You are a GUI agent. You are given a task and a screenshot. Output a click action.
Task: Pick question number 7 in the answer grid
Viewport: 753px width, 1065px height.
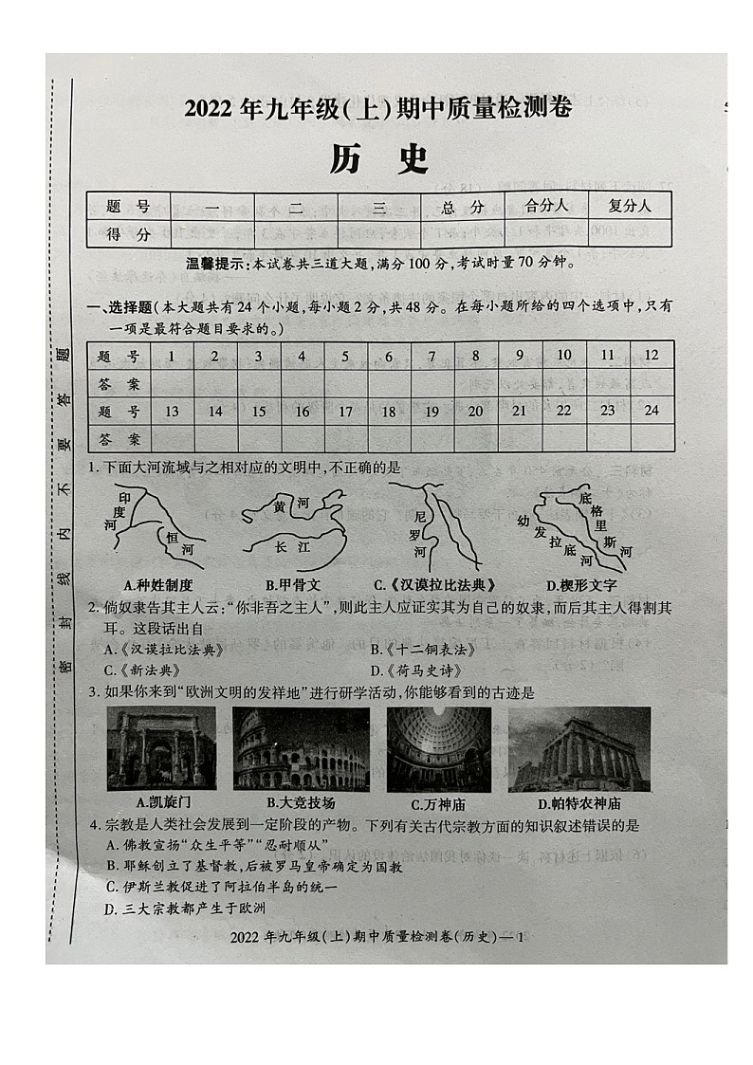click(432, 357)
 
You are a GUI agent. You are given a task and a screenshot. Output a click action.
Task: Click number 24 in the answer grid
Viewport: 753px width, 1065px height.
click(651, 411)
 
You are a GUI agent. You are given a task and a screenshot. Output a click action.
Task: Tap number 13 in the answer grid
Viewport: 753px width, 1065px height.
click(172, 412)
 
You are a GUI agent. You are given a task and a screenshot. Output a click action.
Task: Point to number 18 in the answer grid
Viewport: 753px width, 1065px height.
click(388, 412)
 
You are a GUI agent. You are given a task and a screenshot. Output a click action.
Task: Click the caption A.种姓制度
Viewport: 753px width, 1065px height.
click(158, 585)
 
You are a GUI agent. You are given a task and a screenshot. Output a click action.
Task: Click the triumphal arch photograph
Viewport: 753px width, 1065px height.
click(161, 748)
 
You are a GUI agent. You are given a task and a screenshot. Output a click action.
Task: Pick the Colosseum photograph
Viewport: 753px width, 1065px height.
click(302, 748)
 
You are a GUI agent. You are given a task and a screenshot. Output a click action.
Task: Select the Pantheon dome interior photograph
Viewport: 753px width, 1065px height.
click(438, 748)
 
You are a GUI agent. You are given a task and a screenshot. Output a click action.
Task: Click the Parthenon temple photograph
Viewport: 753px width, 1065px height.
click(579, 748)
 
